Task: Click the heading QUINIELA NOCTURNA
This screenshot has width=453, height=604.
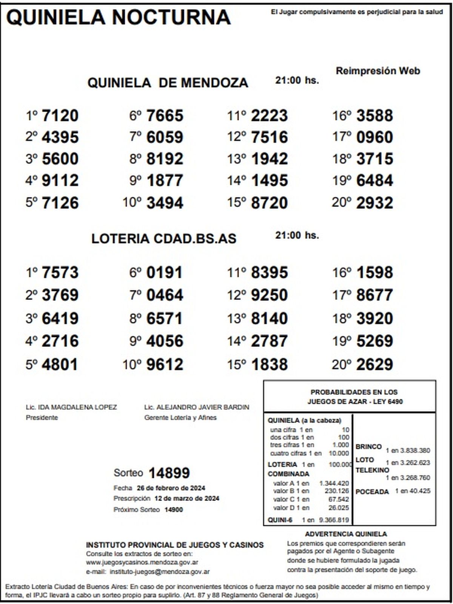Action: coord(118,17)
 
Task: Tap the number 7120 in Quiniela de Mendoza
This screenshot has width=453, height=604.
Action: coord(60,116)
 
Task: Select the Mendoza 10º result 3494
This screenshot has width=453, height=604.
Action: coord(165,203)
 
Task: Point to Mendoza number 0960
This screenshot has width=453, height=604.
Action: coord(374,137)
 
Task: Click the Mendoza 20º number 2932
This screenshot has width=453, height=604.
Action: coord(374,203)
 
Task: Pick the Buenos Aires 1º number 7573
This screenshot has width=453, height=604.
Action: coord(60,272)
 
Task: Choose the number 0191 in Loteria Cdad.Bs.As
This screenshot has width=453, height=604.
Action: coord(164,272)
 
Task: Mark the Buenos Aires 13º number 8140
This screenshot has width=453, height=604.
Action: coord(269,318)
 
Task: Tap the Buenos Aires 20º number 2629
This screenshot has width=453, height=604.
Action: coord(374,364)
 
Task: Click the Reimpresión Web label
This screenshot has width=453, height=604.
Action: coord(378,71)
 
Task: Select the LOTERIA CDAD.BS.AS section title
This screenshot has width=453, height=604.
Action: coord(164,239)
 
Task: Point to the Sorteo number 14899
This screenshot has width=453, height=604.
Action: coord(169,473)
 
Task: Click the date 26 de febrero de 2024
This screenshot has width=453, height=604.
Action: coord(171,488)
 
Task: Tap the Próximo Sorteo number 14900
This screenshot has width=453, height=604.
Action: coord(174,510)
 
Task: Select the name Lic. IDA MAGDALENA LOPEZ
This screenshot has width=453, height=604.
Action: coord(71,407)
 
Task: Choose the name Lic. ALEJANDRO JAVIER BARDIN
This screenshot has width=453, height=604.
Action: coord(197,407)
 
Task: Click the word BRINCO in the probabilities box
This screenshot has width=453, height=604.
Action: coord(368,447)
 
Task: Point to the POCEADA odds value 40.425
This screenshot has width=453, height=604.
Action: coord(419,491)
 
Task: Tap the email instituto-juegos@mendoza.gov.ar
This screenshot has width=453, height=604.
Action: coord(160,572)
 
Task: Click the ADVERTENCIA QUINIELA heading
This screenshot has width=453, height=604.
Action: coord(346,534)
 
